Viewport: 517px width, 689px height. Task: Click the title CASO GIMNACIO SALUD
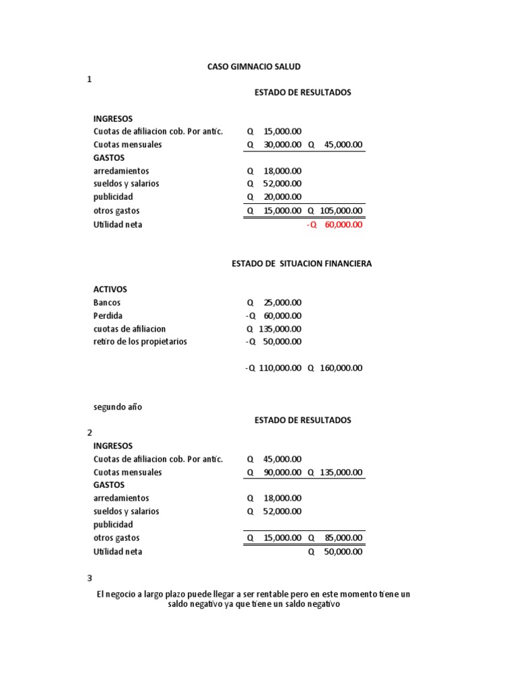(253, 67)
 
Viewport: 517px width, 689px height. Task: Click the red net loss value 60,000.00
(343, 225)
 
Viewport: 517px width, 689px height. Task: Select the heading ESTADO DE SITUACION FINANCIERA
(301, 264)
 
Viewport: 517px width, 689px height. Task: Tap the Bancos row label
(107, 303)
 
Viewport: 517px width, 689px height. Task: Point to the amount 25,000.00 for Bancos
(283, 303)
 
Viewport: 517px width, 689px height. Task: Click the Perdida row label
(108, 316)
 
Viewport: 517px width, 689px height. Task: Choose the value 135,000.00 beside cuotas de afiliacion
(280, 329)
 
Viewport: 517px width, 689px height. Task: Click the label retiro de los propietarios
(140, 342)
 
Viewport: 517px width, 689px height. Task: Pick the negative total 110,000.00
(280, 368)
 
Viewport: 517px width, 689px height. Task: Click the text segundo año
(118, 407)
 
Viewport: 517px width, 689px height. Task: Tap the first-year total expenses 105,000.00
(341, 211)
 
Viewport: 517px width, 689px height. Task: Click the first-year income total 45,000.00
(343, 145)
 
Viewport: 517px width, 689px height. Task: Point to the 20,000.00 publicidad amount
(283, 197)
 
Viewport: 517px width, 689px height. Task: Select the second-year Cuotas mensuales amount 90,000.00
(283, 472)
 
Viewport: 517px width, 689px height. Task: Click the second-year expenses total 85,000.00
(343, 538)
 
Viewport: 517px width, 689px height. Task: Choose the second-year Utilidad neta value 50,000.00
(343, 552)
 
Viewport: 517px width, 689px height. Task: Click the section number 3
(90, 578)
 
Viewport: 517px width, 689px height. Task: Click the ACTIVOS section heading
(110, 289)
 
